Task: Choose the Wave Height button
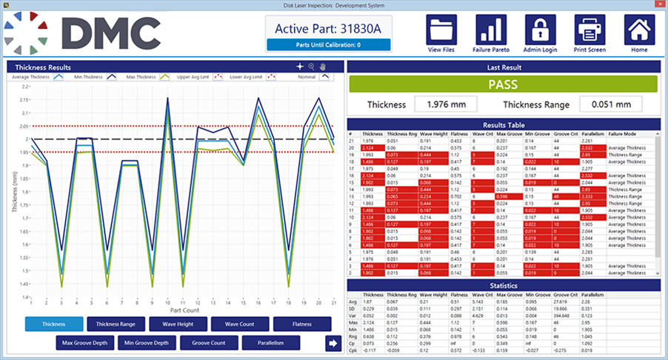click(x=177, y=324)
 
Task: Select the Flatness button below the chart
click(x=301, y=324)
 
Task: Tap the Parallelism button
click(x=270, y=343)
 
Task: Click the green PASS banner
click(x=503, y=84)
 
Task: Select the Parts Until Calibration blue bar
click(x=328, y=44)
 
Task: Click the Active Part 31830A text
click(x=328, y=28)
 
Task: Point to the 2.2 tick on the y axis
click(x=24, y=87)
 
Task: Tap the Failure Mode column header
click(x=622, y=133)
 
